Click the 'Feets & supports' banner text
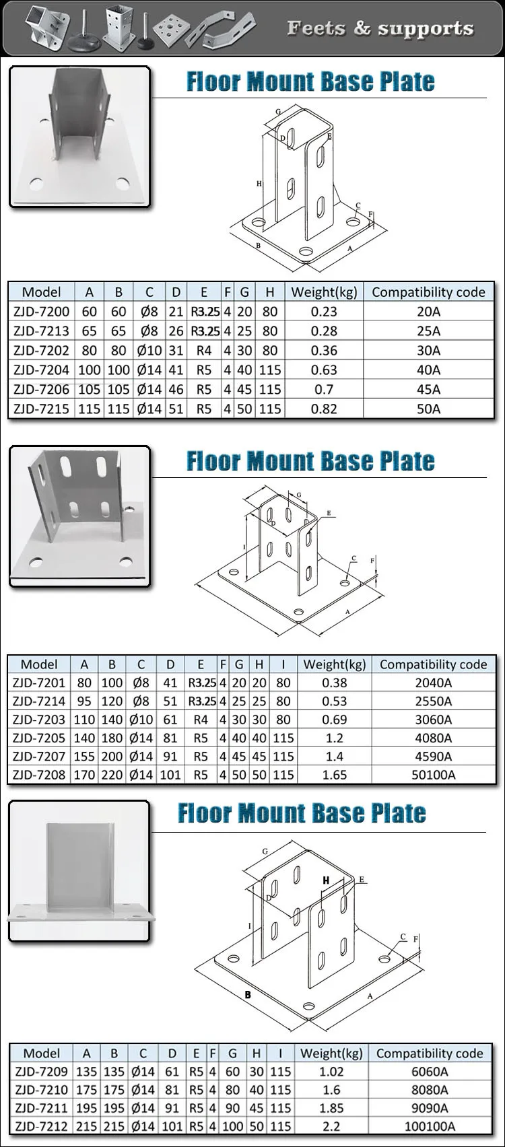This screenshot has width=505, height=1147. coord(380,28)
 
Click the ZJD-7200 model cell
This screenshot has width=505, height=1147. coord(41,312)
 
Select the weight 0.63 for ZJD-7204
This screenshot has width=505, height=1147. coord(324,370)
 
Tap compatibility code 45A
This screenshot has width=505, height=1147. coord(428,389)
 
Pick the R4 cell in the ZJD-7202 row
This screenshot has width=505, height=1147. coord(204,350)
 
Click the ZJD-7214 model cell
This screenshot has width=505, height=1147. coord(39,701)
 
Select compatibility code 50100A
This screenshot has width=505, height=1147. coord(433,775)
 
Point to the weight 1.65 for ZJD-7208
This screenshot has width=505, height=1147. coord(334,775)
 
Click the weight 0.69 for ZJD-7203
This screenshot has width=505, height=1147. coord(334,720)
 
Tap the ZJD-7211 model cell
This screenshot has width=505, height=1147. coord(41,1108)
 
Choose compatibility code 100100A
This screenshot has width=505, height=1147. coord(430,1126)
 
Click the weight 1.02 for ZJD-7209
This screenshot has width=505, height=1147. coord(331,1072)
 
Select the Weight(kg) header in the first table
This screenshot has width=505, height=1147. coord(324,292)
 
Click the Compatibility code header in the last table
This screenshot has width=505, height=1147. coord(430,1053)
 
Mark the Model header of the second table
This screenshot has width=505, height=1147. coord(39,664)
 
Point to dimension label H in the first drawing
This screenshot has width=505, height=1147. coord(259,183)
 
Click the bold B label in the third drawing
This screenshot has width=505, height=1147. coord(248,995)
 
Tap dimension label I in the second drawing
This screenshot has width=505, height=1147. coord(244,547)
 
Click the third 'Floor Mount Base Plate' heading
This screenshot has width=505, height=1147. coord(302,813)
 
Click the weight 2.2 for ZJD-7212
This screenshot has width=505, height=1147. coord(331,1126)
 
